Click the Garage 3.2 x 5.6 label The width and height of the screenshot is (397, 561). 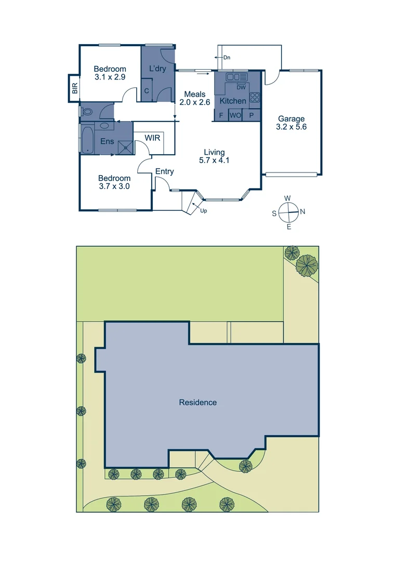coord(291,123)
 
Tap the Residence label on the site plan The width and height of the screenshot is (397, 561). coord(197,403)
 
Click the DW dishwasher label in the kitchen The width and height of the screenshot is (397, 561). coord(241,87)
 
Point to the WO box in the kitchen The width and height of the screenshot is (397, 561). coord(235,115)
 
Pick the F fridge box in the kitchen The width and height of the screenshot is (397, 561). coord(221,115)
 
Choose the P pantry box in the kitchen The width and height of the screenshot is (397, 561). coord(251,115)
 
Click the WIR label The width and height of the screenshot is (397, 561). coord(152,138)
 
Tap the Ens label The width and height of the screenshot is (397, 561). coord(107,141)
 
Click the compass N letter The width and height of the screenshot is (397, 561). coord(303,211)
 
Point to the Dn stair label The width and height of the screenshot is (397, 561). coord(227,58)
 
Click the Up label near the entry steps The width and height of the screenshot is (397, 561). coord(204,211)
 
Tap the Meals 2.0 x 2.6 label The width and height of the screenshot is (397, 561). coord(194,98)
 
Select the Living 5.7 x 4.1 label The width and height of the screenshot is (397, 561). coord(214,156)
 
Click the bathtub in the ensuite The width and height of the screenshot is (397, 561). coord(87,139)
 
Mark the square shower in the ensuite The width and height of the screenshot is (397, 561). coord(125,148)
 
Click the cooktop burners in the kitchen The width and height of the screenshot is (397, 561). coord(254,97)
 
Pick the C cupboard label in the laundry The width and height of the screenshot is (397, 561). coord(147,90)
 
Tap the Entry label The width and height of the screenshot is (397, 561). coord(165,172)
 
